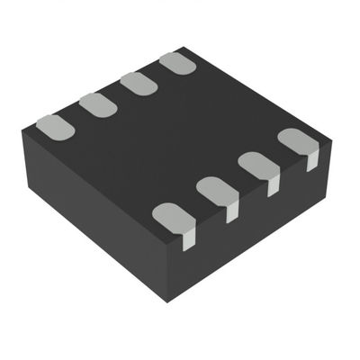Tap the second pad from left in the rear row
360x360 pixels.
(x=97, y=105)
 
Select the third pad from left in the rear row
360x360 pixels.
(x=139, y=84)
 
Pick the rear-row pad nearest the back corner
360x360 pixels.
(x=178, y=63)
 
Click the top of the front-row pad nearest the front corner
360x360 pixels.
(x=171, y=217)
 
